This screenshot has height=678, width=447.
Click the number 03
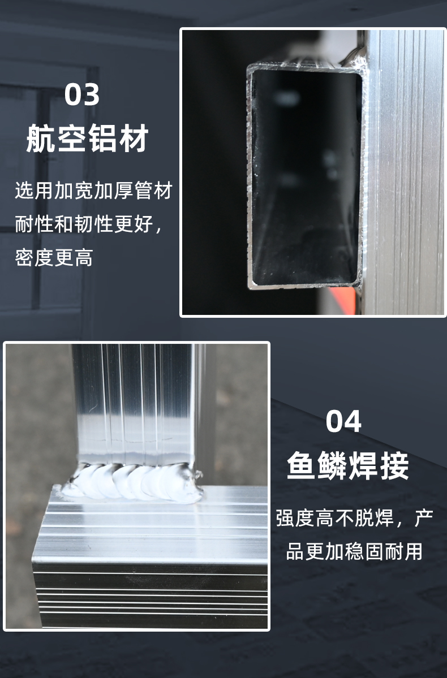pos(82,94)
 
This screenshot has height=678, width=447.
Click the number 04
pos(343,421)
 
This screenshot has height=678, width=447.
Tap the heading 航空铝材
pos(87,139)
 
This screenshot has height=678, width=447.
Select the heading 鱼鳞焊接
pos(348,466)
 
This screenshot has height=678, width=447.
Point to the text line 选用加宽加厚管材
pos(94,190)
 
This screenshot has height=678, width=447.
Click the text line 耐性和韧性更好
pos(89,223)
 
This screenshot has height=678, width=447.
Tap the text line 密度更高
pos(54,257)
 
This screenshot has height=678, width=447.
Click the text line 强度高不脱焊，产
pos(354,518)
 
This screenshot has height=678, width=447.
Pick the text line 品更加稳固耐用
pos(354,551)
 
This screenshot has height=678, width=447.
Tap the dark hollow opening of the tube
pos(305,178)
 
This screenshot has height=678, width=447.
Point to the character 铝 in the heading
pos(104,139)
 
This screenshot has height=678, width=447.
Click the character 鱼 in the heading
pos(302,466)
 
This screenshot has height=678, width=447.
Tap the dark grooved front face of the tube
pos(149,594)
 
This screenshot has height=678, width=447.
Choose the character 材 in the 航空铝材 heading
pos(135,139)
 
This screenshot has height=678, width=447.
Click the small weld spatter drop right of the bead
pos(199,475)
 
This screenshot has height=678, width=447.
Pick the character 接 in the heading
pos(394,466)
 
